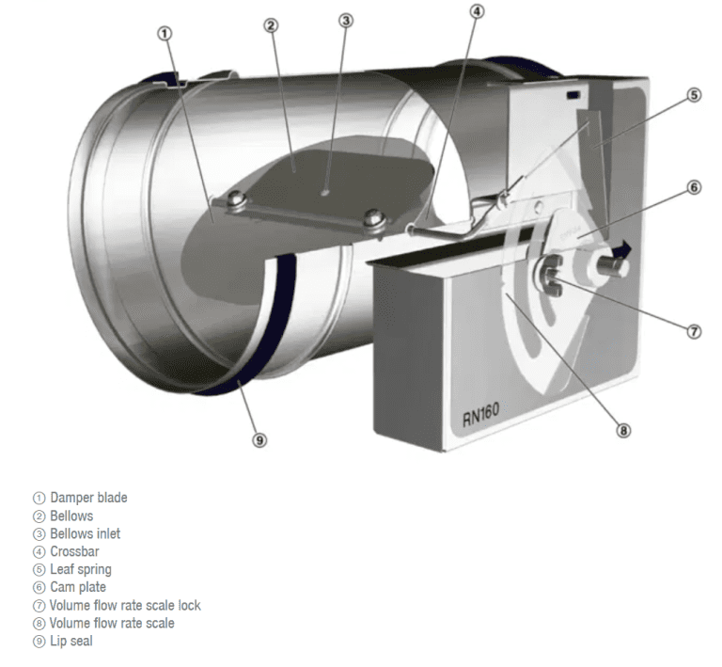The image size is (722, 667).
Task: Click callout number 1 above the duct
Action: point(165,33)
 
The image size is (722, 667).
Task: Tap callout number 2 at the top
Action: point(271,25)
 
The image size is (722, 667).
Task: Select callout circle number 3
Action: point(346,21)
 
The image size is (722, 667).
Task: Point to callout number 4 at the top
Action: point(478,11)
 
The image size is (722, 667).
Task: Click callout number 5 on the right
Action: point(694,94)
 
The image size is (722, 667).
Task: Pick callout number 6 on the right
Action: point(694,187)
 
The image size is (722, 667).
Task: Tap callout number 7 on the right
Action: point(694,331)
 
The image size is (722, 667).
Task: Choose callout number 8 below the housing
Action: point(622,431)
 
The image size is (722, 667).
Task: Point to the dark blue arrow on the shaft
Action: point(621,248)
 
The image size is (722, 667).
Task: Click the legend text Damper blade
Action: point(88,498)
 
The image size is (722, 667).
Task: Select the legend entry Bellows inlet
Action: point(85,533)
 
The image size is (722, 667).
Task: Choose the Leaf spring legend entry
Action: point(80,569)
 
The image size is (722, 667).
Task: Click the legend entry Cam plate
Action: point(78,587)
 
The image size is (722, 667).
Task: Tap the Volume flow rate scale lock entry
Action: point(125,605)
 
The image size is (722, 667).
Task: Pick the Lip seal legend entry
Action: point(71,641)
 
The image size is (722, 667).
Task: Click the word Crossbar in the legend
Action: point(74,551)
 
